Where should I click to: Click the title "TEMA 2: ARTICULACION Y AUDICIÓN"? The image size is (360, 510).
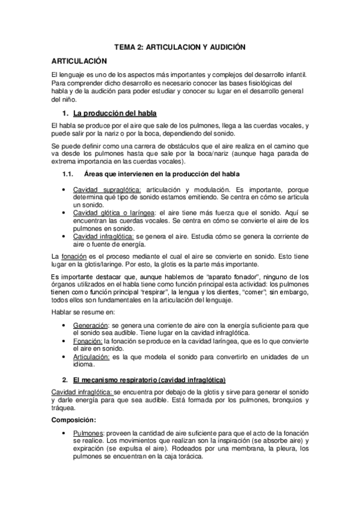[180, 46]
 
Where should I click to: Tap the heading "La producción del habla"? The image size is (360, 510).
[115, 112]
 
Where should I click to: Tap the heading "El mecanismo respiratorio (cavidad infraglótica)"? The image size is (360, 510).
[148, 379]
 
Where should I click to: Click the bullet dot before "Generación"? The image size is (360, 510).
[64, 325]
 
